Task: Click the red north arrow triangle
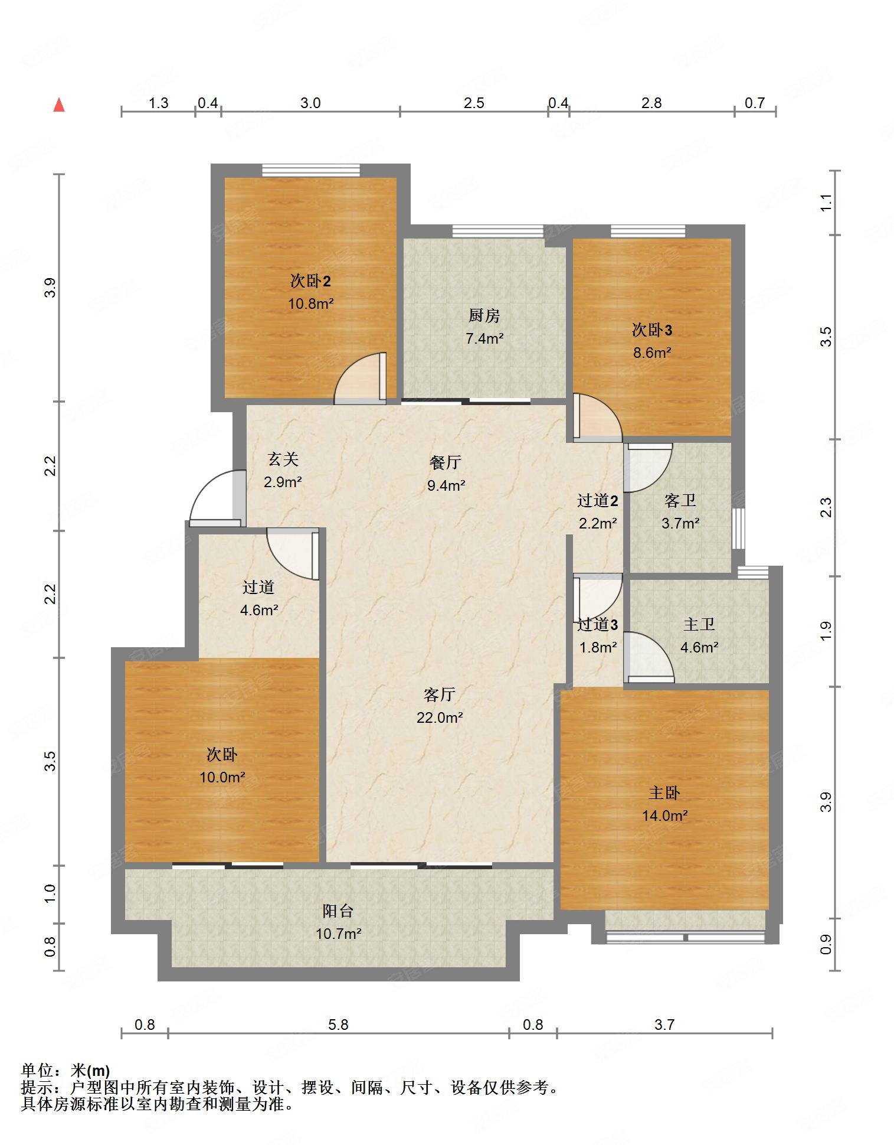point(59,105)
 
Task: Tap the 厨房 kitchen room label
point(484,316)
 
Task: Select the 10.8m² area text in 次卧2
point(311,304)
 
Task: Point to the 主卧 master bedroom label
point(664,793)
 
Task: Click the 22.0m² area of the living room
point(440,717)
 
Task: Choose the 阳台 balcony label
point(338,911)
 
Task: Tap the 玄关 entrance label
point(283,459)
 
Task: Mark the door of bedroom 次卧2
point(360,378)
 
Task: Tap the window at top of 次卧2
point(310,170)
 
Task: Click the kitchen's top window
point(498,231)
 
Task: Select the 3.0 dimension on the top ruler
point(310,103)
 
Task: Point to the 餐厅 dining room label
point(446,462)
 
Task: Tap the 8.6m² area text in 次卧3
point(652,353)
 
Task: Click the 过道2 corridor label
point(597,501)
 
